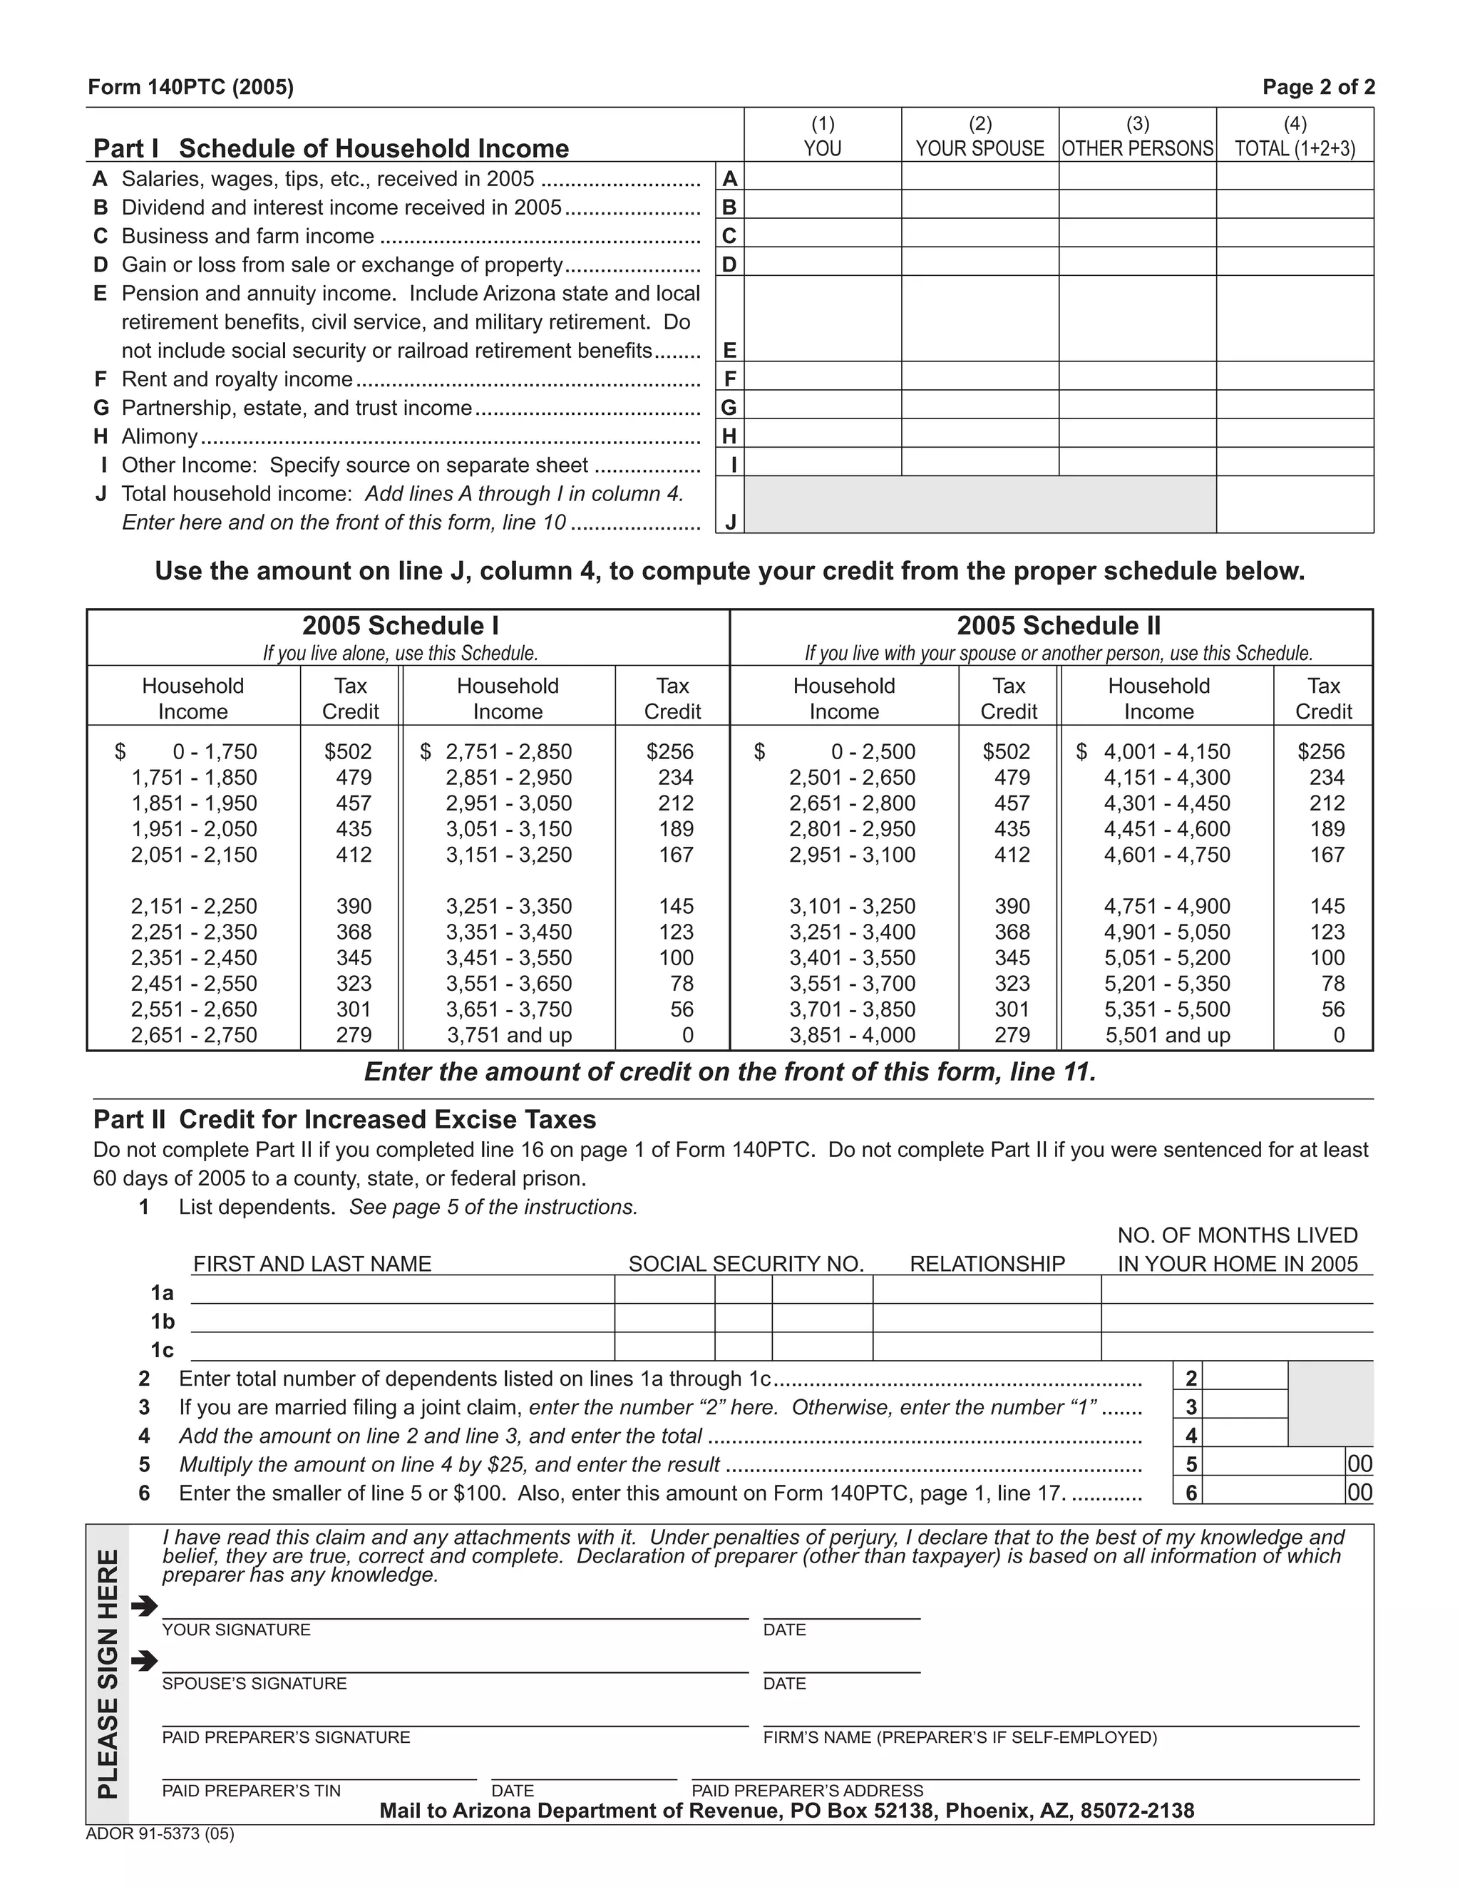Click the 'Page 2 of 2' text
click(1317, 88)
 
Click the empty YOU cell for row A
click(822, 177)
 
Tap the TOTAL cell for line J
click(1294, 504)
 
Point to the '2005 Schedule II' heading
click(1058, 625)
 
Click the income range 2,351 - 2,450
click(194, 957)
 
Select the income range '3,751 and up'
click(508, 1034)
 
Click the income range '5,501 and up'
click(1167, 1034)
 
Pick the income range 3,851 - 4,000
click(852, 1034)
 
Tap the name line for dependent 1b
click(401, 1320)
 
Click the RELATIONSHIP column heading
click(987, 1264)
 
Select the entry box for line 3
click(1244, 1406)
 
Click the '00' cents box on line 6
click(1359, 1492)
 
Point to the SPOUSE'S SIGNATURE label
click(255, 1683)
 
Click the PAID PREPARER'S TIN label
click(251, 1791)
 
